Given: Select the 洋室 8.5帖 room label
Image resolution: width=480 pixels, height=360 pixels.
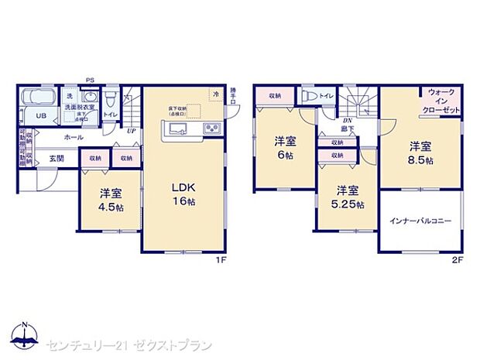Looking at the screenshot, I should pyautogui.click(x=421, y=152).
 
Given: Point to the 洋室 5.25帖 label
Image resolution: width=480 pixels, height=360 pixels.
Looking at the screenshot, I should pyautogui.click(x=346, y=197).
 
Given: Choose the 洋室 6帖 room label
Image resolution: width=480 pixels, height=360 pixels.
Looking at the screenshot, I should pyautogui.click(x=286, y=147).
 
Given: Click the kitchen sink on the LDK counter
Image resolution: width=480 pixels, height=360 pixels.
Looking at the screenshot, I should pyautogui.click(x=175, y=129).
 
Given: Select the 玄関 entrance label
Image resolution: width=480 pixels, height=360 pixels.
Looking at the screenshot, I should pyautogui.click(x=57, y=159).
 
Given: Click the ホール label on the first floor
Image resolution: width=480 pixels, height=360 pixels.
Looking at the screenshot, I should pyautogui.click(x=74, y=137).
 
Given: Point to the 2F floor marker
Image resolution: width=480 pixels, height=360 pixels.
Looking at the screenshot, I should pyautogui.click(x=457, y=259).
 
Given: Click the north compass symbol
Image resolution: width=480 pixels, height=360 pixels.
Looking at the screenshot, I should pyautogui.click(x=26, y=337).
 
